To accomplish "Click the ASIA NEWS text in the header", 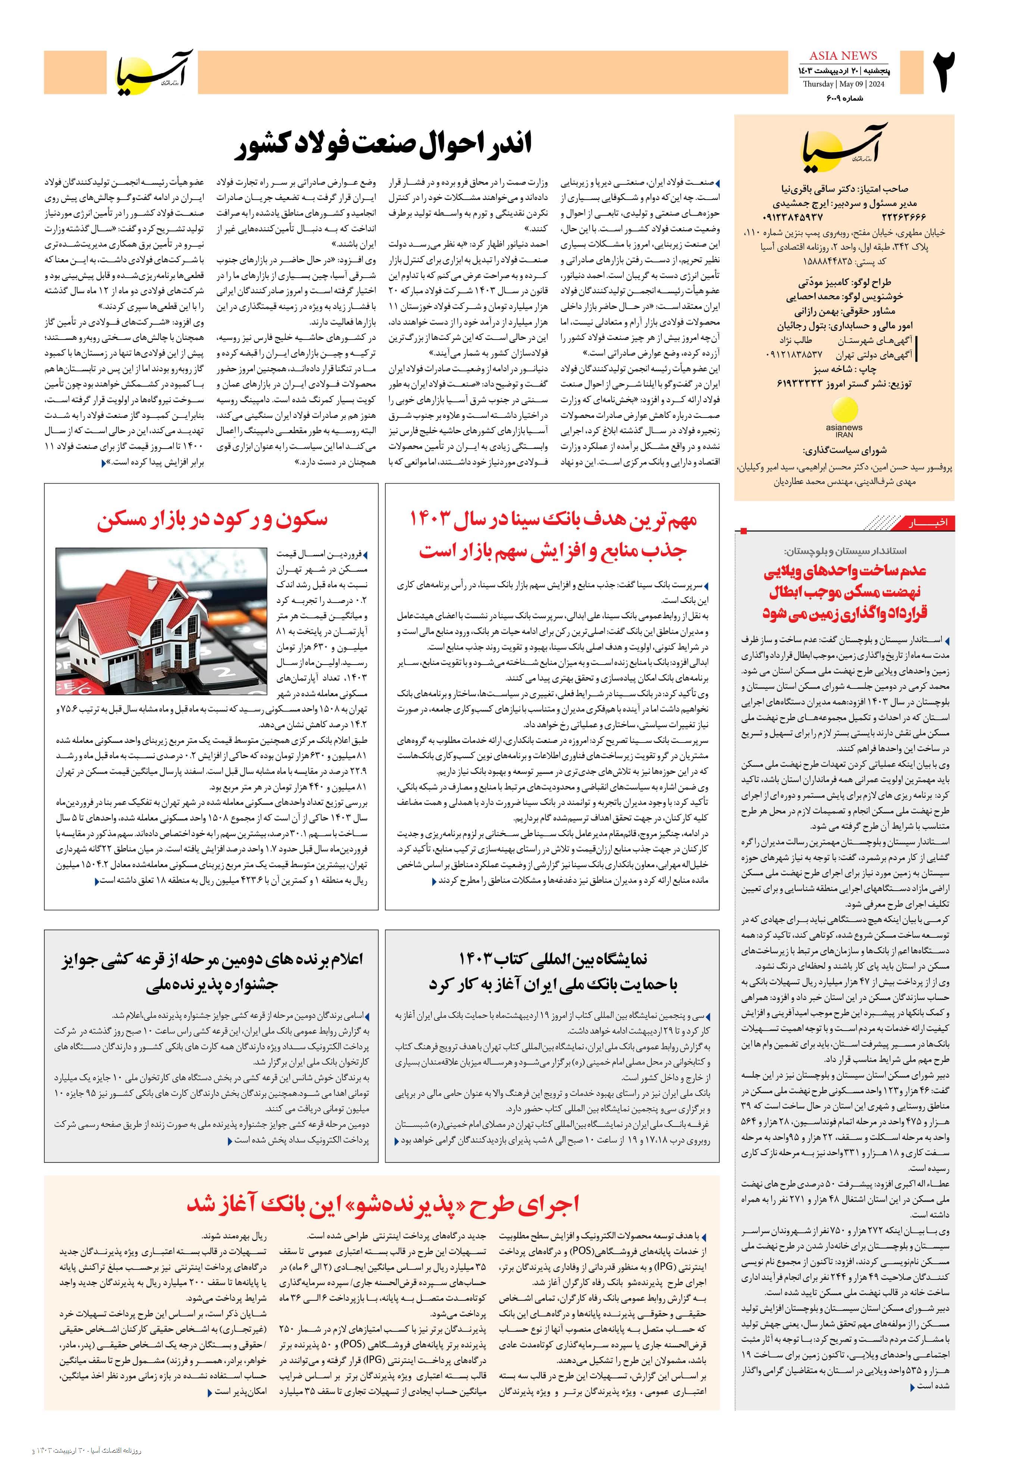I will [x=843, y=56].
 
